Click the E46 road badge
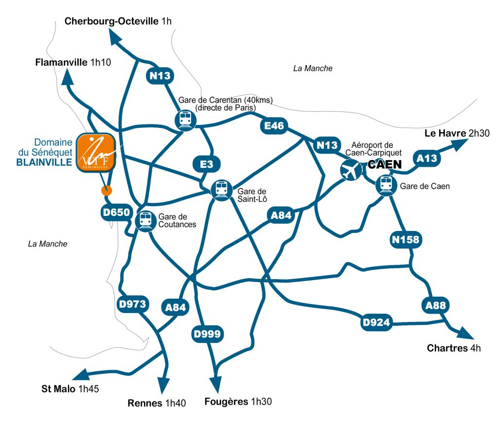(x=274, y=126)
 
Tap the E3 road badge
(x=207, y=164)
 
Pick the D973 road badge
(x=132, y=304)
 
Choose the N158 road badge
(x=405, y=239)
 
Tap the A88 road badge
(x=435, y=305)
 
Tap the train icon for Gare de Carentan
(x=185, y=119)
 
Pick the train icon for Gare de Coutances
(x=145, y=220)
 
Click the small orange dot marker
(x=106, y=190)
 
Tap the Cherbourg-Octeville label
(x=111, y=21)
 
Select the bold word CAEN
(x=385, y=165)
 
